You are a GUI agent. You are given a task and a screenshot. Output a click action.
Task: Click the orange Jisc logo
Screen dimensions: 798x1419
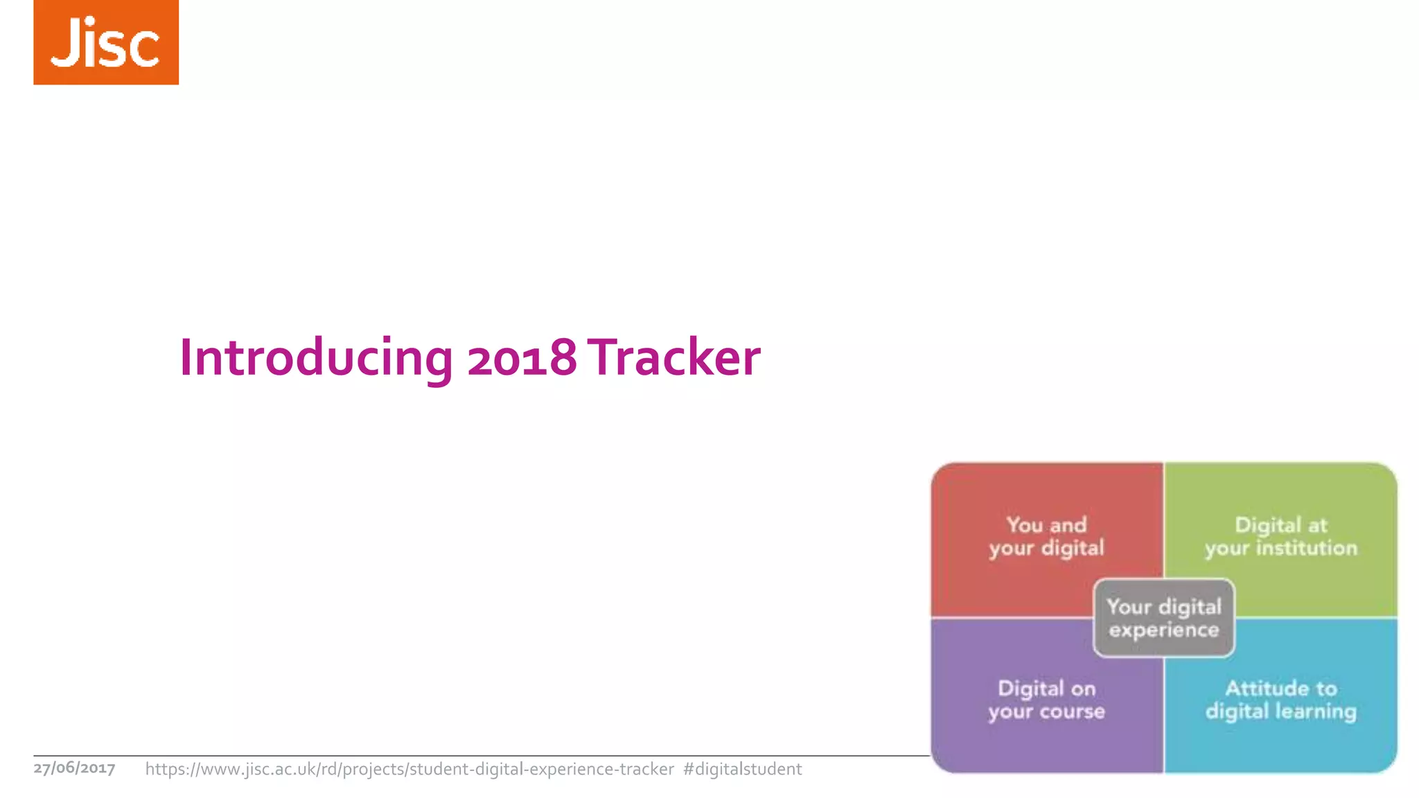pos(106,42)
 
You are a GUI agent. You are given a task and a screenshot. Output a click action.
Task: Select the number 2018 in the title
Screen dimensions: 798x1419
pos(522,357)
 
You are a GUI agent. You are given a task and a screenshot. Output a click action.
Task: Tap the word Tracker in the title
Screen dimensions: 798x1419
pos(676,357)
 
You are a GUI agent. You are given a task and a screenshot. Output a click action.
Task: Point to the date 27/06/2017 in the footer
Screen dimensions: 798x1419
pos(74,768)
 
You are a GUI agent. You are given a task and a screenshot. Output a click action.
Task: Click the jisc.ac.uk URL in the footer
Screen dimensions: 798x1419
pos(409,769)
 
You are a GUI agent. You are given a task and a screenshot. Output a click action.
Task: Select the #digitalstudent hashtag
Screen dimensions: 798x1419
pos(742,769)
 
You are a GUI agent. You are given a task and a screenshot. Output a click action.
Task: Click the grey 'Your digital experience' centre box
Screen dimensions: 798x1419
pos(1164,618)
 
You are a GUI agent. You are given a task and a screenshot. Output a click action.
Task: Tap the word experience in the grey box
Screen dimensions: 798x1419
pos(1164,630)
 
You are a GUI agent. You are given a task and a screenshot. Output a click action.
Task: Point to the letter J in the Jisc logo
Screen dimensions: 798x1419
pos(67,43)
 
